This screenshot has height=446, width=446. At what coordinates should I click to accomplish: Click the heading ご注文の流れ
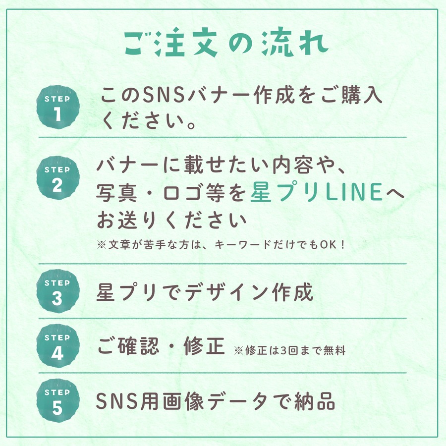point(225,44)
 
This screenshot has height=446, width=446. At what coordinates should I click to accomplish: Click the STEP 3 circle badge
point(58,292)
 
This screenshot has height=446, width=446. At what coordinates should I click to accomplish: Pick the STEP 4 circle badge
point(58,347)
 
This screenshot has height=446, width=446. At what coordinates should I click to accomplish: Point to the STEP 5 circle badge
point(58,401)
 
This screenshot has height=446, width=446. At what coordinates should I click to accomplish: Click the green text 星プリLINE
point(317,192)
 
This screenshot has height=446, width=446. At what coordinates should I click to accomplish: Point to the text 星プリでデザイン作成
point(205,292)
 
